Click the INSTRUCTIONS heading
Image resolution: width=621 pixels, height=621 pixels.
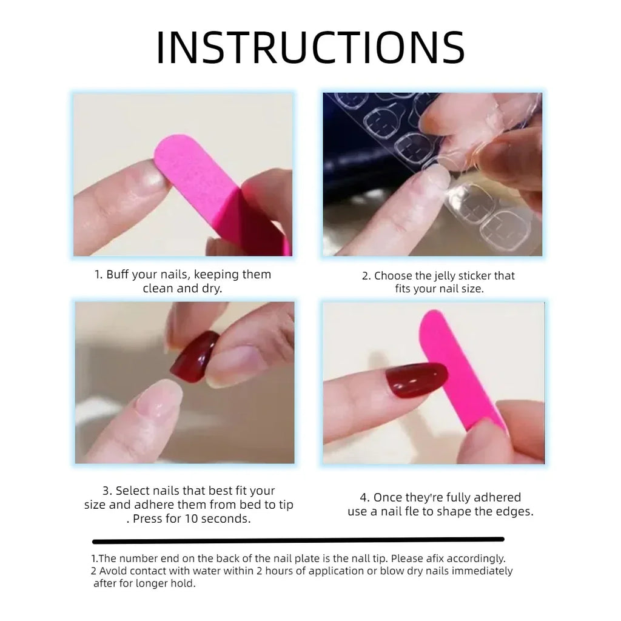(x=310, y=48)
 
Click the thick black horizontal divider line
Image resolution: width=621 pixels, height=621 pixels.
(x=298, y=540)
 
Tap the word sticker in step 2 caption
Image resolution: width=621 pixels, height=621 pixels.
(x=478, y=276)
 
